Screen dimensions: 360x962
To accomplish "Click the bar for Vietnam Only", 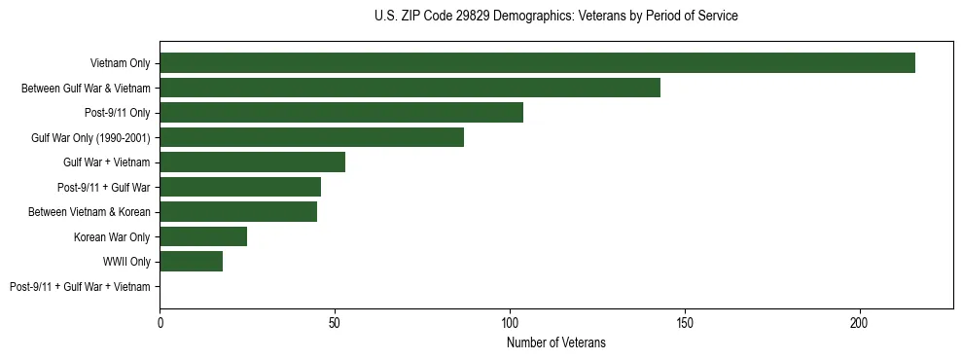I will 537,63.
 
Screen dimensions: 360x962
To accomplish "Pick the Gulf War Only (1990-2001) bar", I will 311,137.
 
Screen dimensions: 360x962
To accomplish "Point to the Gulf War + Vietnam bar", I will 252,162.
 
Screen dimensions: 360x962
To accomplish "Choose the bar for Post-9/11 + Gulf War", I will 240,187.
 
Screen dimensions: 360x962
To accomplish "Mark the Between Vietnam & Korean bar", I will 238,212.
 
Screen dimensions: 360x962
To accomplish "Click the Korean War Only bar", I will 203,236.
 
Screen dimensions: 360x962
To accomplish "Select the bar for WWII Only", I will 191,262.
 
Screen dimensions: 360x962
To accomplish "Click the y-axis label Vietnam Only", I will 120,63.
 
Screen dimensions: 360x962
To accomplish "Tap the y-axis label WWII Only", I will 126,262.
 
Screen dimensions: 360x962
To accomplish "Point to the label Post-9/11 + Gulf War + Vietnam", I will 80,286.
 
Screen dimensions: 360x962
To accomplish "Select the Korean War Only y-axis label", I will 112,236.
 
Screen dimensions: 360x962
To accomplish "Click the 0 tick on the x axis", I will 160,321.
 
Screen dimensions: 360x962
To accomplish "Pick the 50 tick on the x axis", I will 335,321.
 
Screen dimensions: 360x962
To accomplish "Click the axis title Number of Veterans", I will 555,342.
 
